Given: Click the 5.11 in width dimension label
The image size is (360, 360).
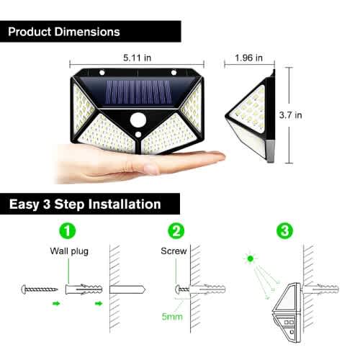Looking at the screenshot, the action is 137,58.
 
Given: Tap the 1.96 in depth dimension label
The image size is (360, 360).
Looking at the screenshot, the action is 248,58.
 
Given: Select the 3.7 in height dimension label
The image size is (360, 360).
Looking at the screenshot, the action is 290,115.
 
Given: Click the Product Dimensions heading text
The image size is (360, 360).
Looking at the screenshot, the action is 64,32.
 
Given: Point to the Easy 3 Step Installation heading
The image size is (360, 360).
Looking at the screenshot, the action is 85,204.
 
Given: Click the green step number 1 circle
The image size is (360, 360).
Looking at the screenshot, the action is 68,230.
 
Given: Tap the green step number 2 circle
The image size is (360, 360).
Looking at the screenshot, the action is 176,230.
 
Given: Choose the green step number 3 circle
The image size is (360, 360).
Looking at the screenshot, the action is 285,230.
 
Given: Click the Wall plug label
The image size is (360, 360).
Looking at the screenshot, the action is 69,251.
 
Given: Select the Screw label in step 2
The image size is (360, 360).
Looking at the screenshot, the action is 174,251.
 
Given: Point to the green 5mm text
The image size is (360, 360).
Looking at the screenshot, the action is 172,317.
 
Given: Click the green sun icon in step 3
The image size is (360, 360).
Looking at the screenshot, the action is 251,258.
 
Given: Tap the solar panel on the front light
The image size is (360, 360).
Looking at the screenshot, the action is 139,92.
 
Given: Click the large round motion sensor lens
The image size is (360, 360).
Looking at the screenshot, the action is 138,120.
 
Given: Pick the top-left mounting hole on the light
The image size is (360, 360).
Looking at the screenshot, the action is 102,72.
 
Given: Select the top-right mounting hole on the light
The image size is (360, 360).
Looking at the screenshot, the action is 174,72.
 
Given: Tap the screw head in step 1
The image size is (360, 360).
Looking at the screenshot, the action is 24,289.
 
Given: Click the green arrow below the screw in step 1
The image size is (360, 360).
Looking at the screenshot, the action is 56,304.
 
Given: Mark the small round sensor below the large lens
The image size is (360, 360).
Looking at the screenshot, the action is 138,135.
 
